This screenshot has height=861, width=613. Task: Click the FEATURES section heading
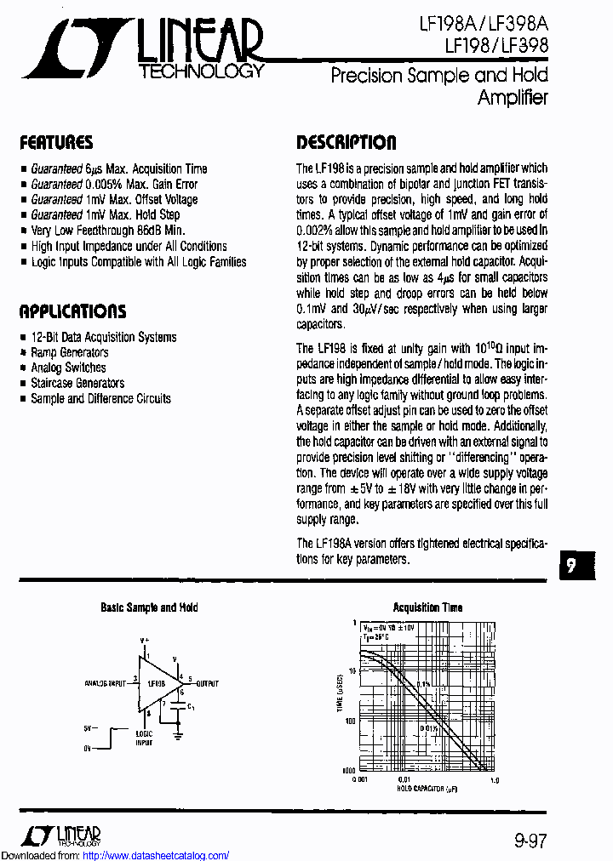point(56,142)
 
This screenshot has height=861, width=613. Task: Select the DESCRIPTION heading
point(346,142)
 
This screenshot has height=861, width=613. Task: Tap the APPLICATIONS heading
point(72,311)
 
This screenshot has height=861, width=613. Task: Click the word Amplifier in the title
point(513,97)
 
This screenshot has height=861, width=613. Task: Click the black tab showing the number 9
point(578,567)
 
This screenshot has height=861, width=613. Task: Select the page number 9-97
point(530,841)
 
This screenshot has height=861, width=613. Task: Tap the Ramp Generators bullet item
point(70,352)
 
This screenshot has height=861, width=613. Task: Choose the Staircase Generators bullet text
point(77,383)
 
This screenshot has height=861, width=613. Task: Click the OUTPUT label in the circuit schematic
point(207,683)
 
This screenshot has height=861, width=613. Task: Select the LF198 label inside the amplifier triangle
point(156,683)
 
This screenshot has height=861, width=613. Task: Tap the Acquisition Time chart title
point(427,607)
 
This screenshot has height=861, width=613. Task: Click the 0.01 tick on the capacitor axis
point(404,779)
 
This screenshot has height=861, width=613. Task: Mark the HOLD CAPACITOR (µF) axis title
point(427,789)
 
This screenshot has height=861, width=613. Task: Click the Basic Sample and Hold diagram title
point(149,607)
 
